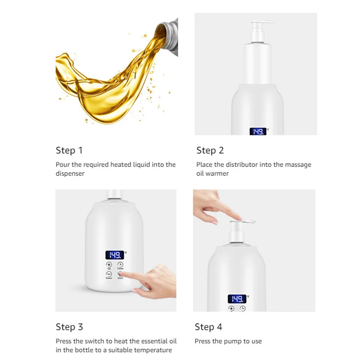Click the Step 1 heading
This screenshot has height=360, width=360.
pos(69,150)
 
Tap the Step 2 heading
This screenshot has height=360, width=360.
pos(210,150)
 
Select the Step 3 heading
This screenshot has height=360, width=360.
pos(69,327)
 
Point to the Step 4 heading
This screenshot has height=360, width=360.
pos(208,327)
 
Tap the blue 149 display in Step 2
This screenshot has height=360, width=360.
pos(258,131)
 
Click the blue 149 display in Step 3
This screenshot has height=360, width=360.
pos(114,255)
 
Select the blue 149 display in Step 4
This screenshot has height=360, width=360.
pos(237,299)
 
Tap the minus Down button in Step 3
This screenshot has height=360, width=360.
pos(109,274)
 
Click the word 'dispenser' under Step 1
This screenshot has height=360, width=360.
pos(70,173)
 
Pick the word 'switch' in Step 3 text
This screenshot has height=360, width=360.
pos(99,341)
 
